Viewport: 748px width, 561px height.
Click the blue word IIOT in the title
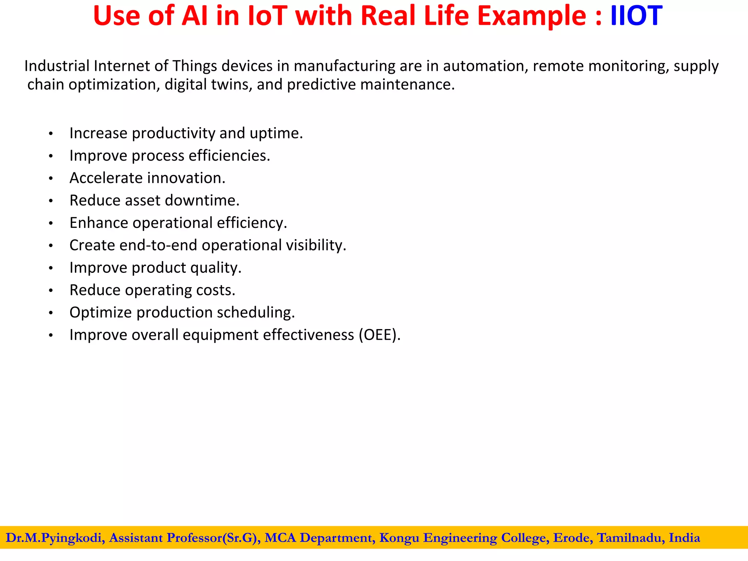tap(636, 16)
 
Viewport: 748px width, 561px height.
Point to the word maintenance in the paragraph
tap(407, 85)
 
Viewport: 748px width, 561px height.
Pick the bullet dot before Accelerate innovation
tap(51, 179)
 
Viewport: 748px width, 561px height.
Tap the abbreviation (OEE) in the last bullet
tap(379, 335)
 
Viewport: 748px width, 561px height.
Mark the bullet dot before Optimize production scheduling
tap(51, 313)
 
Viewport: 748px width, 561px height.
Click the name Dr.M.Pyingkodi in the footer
tap(54, 538)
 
